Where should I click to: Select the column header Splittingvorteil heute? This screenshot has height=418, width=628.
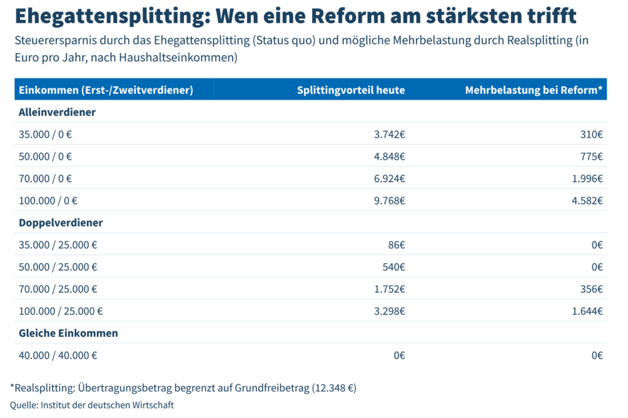[x=351, y=90]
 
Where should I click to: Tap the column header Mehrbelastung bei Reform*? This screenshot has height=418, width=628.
[x=534, y=90]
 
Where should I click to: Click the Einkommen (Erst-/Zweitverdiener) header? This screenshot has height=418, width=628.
[x=106, y=90]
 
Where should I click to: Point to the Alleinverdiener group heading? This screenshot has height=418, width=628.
[x=57, y=112]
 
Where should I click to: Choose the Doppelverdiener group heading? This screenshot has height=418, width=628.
[x=61, y=222]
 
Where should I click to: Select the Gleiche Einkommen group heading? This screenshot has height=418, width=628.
[x=68, y=333]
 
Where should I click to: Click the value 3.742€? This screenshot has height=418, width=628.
[x=389, y=134]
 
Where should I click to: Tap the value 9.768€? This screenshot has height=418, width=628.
[x=389, y=200]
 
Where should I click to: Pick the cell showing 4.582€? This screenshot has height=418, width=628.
[x=588, y=200]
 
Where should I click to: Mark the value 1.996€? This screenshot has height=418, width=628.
[x=588, y=178]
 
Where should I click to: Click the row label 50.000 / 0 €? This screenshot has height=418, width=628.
[x=45, y=156]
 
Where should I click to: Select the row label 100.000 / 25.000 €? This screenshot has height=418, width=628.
[x=61, y=311]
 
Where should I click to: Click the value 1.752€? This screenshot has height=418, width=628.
[x=389, y=289]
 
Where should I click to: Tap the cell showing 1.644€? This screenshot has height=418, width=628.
[x=588, y=311]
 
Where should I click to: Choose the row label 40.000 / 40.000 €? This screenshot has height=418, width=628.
[x=58, y=355]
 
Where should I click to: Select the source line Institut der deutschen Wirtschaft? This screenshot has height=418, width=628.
[x=107, y=405]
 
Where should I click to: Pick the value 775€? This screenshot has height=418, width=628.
[x=591, y=156]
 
